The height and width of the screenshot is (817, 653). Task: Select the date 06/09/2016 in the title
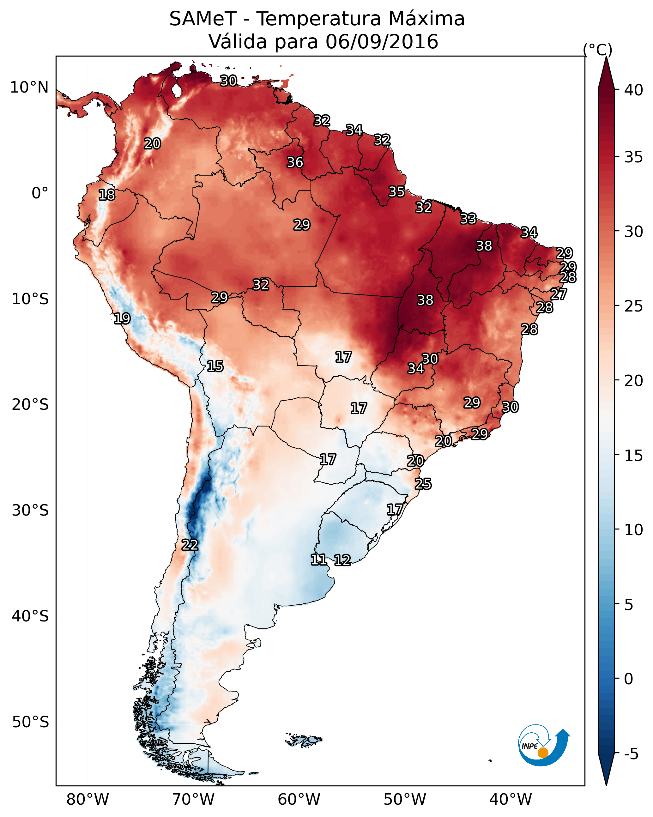click(381, 42)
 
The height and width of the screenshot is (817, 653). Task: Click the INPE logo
click(543, 745)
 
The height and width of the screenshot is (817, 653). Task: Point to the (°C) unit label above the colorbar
click(597, 50)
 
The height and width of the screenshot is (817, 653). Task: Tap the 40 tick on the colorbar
click(634, 90)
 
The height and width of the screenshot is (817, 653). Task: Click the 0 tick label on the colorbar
click(629, 679)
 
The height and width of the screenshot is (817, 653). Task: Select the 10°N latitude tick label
click(29, 88)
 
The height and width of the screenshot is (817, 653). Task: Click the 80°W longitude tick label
click(88, 800)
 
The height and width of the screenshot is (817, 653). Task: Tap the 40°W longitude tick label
click(511, 800)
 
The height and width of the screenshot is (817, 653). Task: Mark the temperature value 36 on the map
click(295, 162)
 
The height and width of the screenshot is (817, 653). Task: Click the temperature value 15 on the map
click(215, 366)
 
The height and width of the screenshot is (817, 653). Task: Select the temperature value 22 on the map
click(190, 545)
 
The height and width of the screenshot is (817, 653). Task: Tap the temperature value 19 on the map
click(122, 318)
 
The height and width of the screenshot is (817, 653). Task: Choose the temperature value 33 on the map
click(468, 219)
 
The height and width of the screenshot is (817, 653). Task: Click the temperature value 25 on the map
click(423, 484)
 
